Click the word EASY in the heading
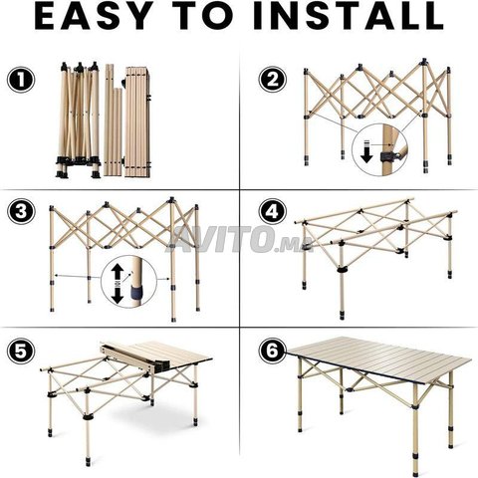coord(92,16)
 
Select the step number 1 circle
coord(21,80)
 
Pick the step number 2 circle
coord(273,79)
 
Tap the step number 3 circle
coord(21,211)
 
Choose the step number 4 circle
coord(273,211)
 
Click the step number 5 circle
coord(21,351)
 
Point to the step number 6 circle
coord(273,351)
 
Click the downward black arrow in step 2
coord(366,151)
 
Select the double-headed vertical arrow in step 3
coord(117,285)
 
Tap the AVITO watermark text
coord(232,238)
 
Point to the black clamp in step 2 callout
coord(387,155)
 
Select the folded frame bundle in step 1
coord(79,119)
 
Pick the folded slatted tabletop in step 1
coord(137,121)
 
